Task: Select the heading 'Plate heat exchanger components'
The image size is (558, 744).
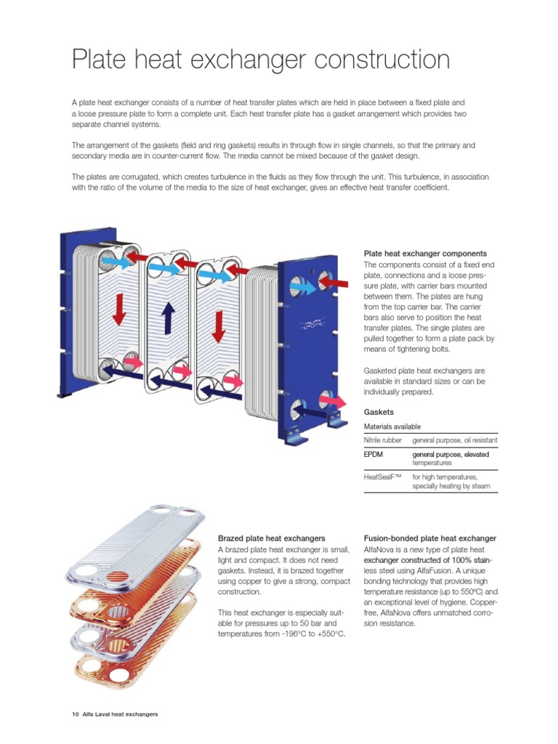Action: coord(424,254)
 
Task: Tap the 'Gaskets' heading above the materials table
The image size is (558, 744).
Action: coord(379,411)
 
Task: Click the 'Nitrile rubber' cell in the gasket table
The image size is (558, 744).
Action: coord(384,441)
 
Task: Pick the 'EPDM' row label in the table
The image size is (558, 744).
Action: coord(373,455)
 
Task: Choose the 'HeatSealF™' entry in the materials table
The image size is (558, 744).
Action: coord(384,477)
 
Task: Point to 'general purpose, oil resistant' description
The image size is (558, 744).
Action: coord(454,441)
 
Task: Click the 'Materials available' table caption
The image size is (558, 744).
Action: coord(392,426)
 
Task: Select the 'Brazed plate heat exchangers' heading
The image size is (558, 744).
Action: coord(271,538)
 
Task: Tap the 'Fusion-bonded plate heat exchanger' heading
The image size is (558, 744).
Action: coord(429,538)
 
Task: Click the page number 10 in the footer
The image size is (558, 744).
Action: coord(75,714)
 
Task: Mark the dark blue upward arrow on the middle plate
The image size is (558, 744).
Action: coord(168,318)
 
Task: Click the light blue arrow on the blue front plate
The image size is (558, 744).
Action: coord(303,288)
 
